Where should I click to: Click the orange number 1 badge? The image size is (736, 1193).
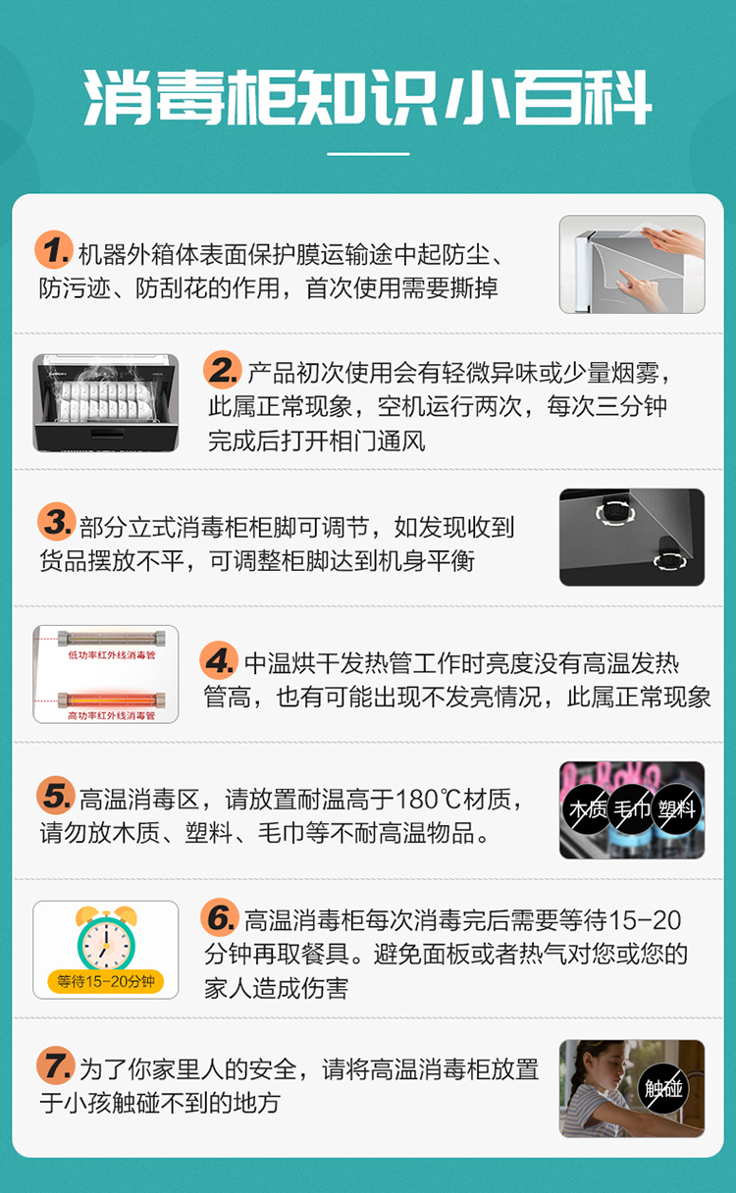(53, 249)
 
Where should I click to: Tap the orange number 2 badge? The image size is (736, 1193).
(222, 370)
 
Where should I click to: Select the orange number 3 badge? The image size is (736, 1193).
(56, 521)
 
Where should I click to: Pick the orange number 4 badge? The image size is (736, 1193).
(219, 660)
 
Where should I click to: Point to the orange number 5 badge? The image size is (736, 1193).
(55, 795)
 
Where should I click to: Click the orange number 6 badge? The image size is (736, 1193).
(220, 917)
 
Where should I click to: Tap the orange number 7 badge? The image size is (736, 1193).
(55, 1065)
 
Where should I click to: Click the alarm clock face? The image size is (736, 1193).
(106, 944)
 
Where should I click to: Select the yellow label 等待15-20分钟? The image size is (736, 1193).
(105, 981)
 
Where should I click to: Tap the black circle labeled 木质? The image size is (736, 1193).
(588, 809)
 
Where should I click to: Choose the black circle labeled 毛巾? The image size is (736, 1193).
(632, 809)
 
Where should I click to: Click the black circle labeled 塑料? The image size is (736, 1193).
(676, 809)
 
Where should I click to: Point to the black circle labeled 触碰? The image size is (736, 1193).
(663, 1089)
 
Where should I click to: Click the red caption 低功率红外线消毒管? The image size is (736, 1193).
(111, 655)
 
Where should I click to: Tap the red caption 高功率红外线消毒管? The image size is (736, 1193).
(111, 716)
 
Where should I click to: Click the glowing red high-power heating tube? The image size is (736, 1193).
(111, 700)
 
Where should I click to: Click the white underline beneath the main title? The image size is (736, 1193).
(368, 154)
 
